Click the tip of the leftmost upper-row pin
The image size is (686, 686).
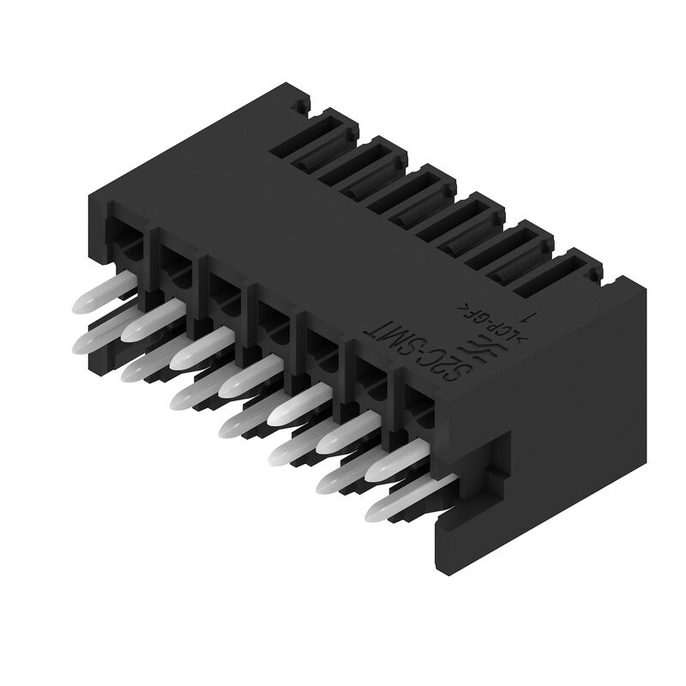[x=85, y=302]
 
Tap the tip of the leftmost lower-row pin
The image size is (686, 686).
[x=86, y=345]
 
